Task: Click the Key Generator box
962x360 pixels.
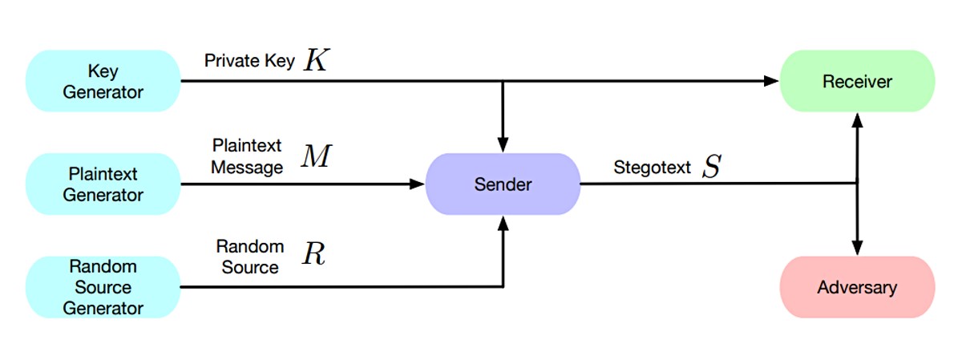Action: (x=103, y=81)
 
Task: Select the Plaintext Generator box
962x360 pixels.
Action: (x=103, y=184)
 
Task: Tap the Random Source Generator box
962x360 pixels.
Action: (x=103, y=287)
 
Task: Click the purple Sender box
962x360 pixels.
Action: (x=503, y=184)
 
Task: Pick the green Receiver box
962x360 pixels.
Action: (x=857, y=81)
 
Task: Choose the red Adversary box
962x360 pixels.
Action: (x=857, y=287)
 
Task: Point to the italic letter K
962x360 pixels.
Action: (x=317, y=59)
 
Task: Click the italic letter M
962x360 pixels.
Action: (x=317, y=156)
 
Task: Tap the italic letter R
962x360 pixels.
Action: (x=313, y=253)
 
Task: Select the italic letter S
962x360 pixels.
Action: (x=712, y=166)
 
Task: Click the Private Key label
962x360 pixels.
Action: (x=249, y=61)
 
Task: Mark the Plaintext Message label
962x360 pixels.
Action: (x=247, y=156)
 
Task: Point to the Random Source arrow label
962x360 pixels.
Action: (x=250, y=257)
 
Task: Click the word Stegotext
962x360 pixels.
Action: (x=652, y=167)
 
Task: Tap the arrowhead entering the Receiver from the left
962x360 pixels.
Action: (x=771, y=81)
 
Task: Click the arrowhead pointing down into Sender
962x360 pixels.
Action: (x=503, y=145)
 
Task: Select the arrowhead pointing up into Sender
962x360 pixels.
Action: (x=503, y=224)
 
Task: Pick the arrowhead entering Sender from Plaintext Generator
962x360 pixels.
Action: (x=417, y=184)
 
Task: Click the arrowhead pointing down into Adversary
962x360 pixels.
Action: (x=857, y=248)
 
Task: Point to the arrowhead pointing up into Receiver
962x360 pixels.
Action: (x=857, y=121)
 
